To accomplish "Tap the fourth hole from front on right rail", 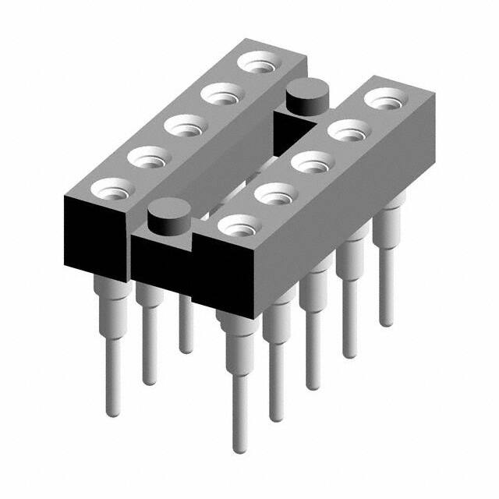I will pos(345,130).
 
